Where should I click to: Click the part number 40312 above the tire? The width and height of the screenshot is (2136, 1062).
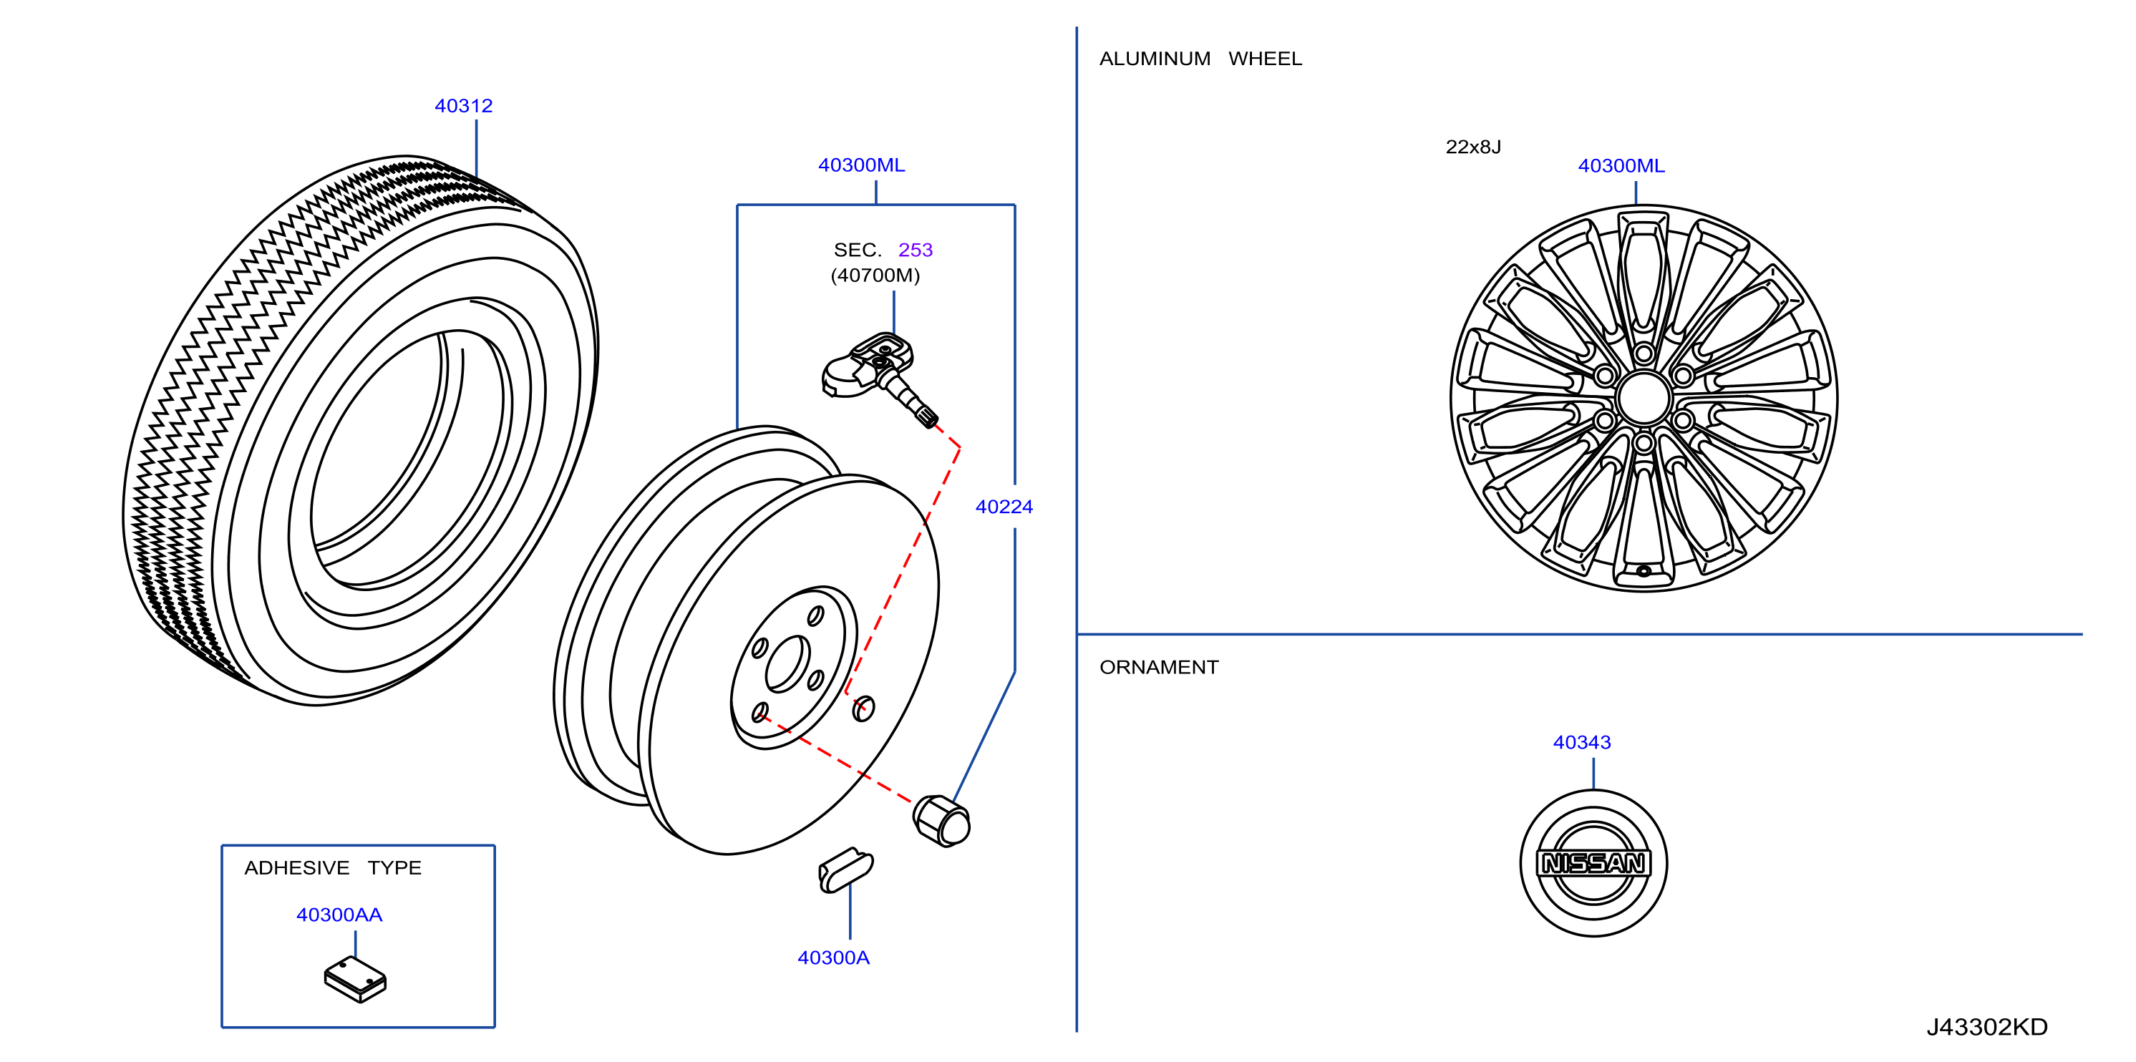pyautogui.click(x=464, y=106)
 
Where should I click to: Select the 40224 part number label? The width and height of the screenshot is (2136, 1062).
pyautogui.click(x=1004, y=507)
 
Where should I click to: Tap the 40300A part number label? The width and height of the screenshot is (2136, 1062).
pyautogui.click(x=833, y=958)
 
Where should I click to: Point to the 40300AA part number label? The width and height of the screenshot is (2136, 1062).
pyautogui.click(x=339, y=915)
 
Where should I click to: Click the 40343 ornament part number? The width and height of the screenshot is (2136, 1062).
pyautogui.click(x=1581, y=742)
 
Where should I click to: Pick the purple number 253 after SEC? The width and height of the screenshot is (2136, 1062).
pyautogui.click(x=916, y=250)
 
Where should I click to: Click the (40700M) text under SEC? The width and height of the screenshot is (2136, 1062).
pyautogui.click(x=875, y=276)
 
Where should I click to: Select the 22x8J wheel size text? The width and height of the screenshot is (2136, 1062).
pyautogui.click(x=1472, y=147)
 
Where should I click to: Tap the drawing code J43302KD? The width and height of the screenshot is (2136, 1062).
pyautogui.click(x=1986, y=1026)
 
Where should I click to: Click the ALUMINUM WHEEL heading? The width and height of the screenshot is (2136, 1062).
pyautogui.click(x=1200, y=59)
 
